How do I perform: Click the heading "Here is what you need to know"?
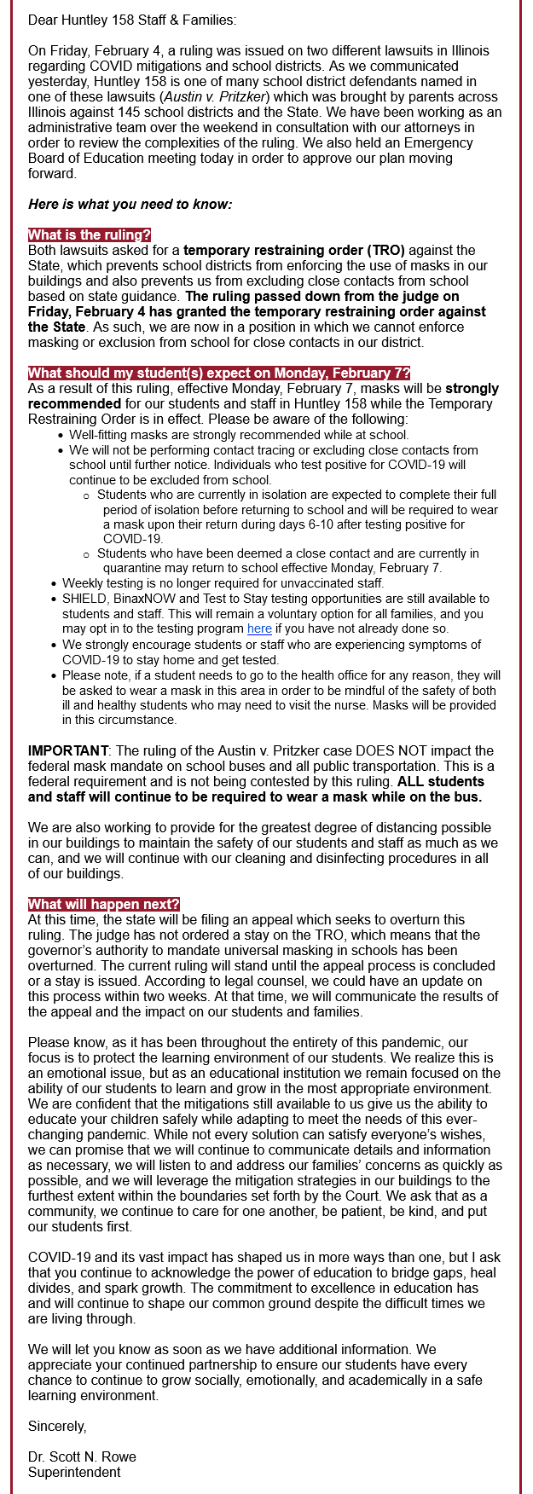[130, 205]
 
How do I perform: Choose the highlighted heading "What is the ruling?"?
[89, 235]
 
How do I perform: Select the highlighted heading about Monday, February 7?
[219, 373]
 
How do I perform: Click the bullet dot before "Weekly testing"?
[54, 584]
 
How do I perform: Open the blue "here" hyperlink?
[259, 629]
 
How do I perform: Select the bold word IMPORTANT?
[67, 751]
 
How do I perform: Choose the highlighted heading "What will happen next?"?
[103, 905]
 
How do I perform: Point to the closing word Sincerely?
[57, 1427]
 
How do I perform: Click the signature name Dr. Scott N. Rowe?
[82, 1456]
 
